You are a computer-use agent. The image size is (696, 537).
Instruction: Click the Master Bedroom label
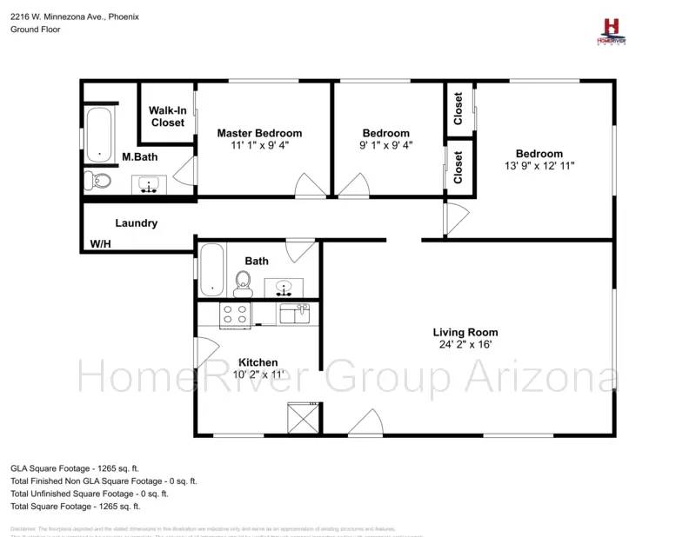point(259,133)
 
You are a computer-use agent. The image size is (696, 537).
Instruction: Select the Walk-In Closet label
point(167,116)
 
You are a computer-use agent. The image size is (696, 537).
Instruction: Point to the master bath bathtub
point(100,134)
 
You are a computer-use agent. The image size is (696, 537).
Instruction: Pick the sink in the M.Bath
point(151,184)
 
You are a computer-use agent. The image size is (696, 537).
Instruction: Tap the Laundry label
point(137,223)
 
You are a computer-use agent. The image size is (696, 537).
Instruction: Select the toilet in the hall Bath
point(243,282)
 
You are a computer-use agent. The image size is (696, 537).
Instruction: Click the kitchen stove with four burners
point(235,315)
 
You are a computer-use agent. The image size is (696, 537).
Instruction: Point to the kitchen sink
point(293,313)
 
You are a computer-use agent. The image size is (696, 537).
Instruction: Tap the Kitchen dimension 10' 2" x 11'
point(258,375)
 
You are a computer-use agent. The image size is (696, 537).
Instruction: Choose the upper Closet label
point(458,109)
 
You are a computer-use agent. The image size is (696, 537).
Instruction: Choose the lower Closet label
point(458,168)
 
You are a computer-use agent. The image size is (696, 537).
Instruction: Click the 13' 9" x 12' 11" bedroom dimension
point(539,165)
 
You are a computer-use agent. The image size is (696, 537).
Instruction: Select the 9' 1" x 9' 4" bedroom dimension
point(387,145)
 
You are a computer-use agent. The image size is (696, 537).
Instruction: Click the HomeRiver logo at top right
point(611,31)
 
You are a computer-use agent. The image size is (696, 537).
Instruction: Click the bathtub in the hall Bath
point(211,270)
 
